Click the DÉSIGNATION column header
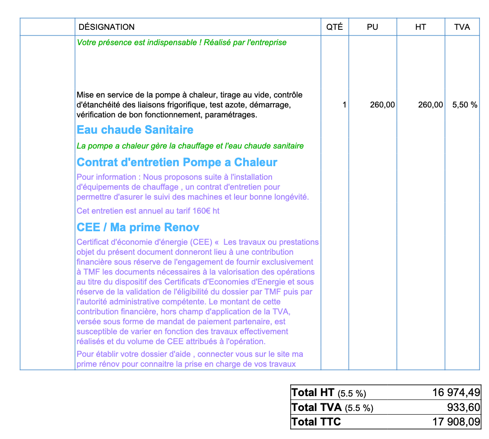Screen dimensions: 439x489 click(x=107, y=27)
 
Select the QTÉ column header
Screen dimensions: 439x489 click(x=334, y=27)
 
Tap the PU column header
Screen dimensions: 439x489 click(x=372, y=27)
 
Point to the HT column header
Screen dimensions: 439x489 click(x=420, y=27)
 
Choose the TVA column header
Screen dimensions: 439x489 click(x=462, y=27)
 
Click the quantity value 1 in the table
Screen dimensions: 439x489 click(x=344, y=105)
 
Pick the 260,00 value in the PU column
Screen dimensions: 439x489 click(x=382, y=105)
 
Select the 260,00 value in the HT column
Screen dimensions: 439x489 click(x=430, y=105)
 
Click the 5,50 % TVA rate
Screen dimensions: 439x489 click(x=465, y=105)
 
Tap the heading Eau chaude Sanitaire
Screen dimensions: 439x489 click(x=135, y=130)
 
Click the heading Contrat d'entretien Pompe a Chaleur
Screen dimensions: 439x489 click(x=177, y=163)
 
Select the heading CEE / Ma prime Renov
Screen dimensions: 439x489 click(x=138, y=228)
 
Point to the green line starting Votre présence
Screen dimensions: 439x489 click(x=182, y=42)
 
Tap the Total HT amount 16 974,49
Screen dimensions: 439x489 click(x=456, y=392)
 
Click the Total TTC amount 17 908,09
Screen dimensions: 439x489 click(x=456, y=422)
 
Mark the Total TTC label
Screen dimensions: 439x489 click(x=316, y=422)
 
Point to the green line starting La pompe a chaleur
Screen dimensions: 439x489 click(x=190, y=146)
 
